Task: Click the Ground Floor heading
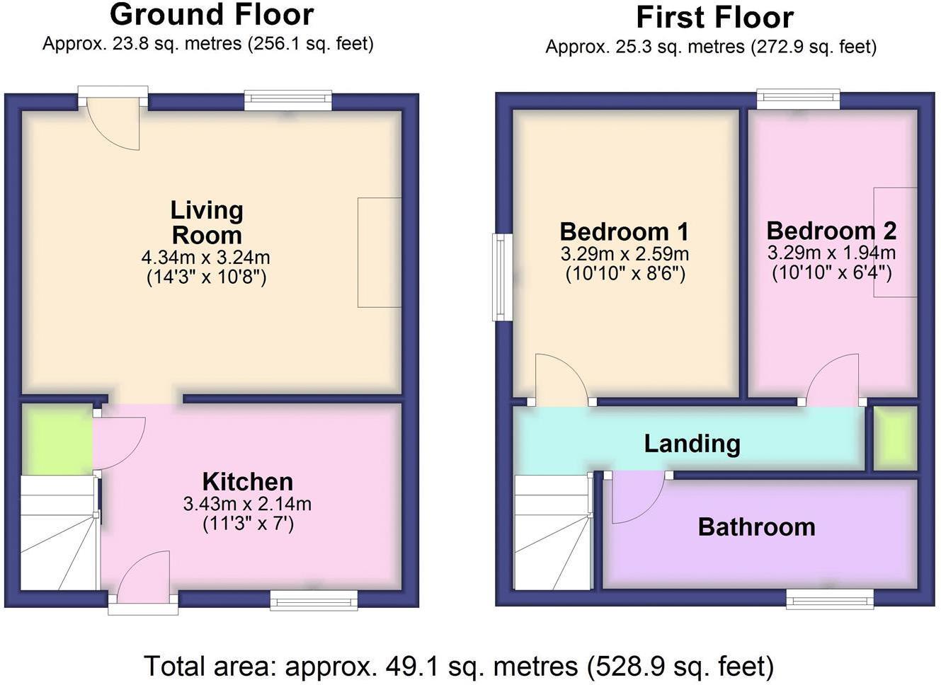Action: (212, 15)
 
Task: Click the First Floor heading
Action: (714, 18)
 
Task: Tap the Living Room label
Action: (207, 222)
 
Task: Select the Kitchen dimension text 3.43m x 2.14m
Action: (247, 504)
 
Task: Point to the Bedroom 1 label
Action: (624, 231)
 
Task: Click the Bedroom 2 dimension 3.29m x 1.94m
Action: (831, 253)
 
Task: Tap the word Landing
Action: (692, 444)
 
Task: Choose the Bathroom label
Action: (756, 527)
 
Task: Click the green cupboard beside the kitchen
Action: (57, 439)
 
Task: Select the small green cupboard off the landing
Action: (895, 439)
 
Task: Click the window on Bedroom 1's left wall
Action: (502, 277)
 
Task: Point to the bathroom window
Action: (829, 599)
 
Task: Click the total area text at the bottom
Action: (459, 667)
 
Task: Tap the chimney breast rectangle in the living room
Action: (380, 253)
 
